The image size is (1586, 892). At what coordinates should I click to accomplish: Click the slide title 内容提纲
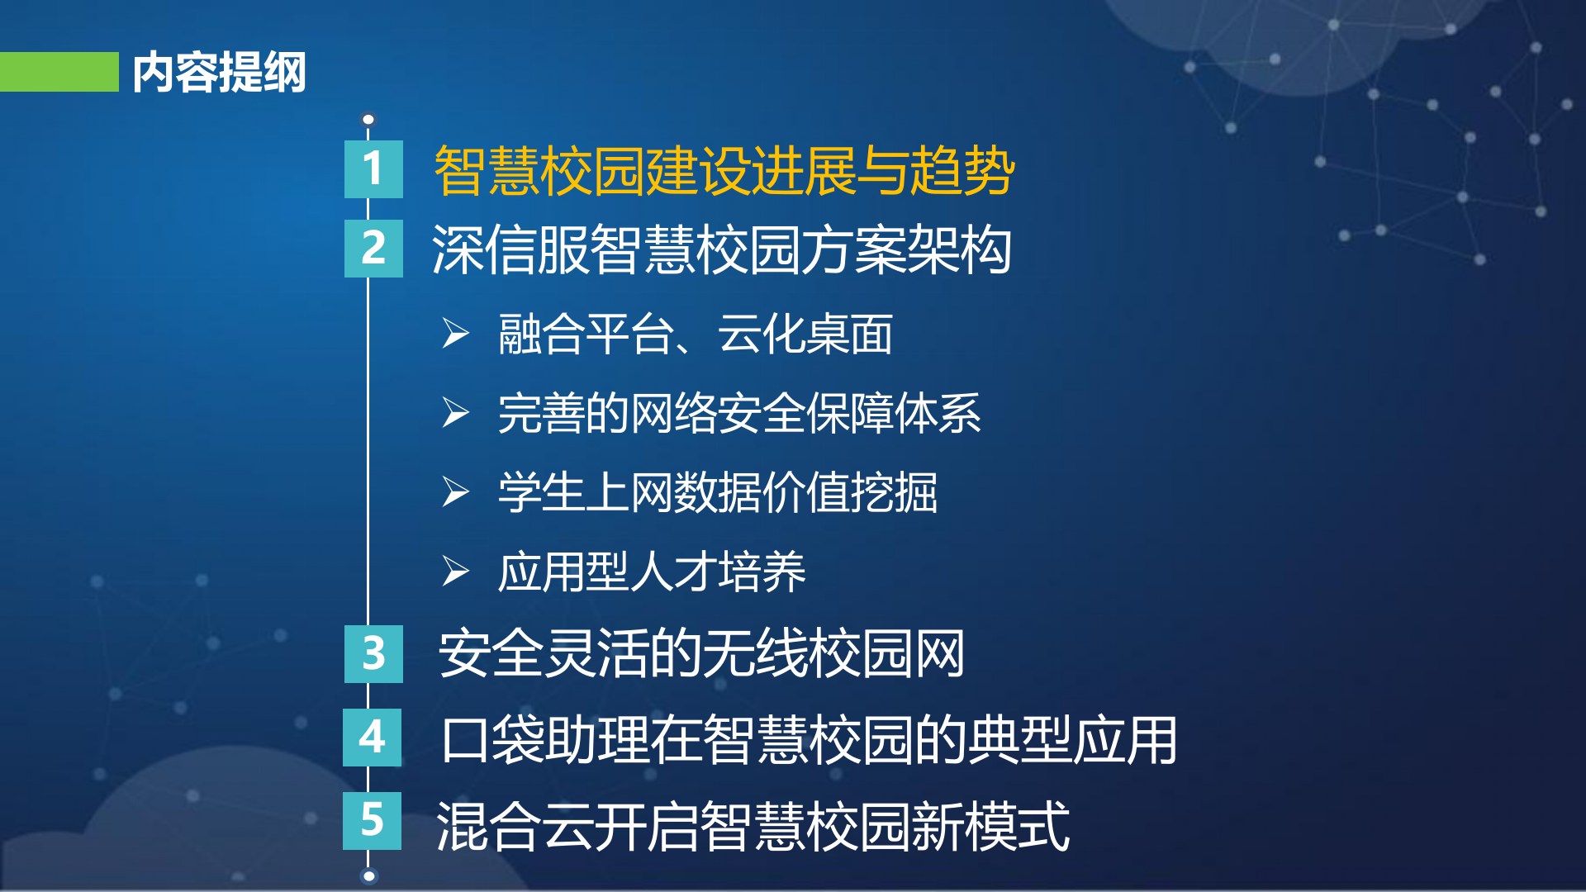(x=219, y=73)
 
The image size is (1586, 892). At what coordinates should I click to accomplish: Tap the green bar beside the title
(x=59, y=72)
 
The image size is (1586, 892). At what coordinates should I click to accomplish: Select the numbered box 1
(x=373, y=169)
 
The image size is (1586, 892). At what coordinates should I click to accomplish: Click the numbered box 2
(x=373, y=249)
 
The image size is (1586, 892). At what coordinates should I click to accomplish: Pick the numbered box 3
(x=373, y=654)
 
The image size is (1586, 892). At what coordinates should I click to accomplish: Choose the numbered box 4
(x=373, y=738)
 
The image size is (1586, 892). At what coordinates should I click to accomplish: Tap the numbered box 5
(x=373, y=821)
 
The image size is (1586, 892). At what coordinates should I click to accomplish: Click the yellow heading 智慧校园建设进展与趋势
(x=724, y=171)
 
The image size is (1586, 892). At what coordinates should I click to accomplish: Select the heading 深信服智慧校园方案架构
(x=721, y=250)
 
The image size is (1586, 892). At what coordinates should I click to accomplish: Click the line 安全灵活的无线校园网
(x=701, y=654)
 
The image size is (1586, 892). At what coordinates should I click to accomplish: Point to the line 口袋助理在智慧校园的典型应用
(x=809, y=740)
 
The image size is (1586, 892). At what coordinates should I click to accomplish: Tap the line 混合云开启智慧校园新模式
(x=753, y=826)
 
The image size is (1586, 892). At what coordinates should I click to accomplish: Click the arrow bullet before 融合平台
(x=455, y=334)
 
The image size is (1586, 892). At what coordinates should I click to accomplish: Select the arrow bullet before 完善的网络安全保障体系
(x=455, y=413)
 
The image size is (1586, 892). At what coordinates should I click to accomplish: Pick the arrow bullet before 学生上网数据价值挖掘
(x=455, y=492)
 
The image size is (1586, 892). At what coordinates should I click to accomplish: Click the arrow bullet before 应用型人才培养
(x=455, y=571)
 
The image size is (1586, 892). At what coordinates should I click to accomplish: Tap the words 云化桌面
(x=805, y=334)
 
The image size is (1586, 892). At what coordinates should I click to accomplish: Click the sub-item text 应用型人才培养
(x=651, y=572)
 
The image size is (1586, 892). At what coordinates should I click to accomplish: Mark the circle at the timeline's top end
(x=368, y=120)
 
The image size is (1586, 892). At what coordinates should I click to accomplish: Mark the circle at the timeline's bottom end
(x=369, y=876)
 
